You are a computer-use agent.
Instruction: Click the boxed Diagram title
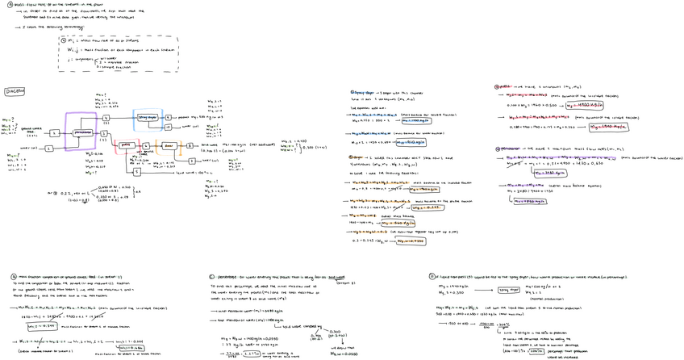[x=15, y=91]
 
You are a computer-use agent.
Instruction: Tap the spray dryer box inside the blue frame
[x=147, y=117]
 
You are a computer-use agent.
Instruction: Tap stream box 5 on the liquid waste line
[x=137, y=172]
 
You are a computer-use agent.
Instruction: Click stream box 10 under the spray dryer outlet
[x=168, y=128]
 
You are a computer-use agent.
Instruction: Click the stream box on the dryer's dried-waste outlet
[x=192, y=145]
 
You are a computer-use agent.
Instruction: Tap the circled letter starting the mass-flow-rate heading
[x=10, y=5]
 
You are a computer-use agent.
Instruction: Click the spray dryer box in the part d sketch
[x=509, y=289]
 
